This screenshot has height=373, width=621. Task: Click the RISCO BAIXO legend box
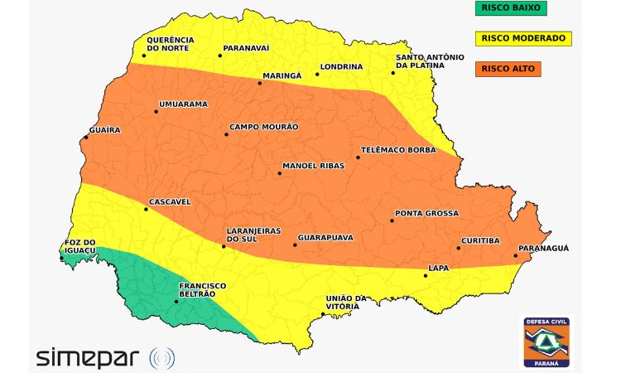click(x=507, y=8)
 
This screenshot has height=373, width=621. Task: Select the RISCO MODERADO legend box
click(x=522, y=38)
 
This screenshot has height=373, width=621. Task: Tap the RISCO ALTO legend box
click(x=507, y=69)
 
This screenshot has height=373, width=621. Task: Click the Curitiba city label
click(x=480, y=240)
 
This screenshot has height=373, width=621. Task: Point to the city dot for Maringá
click(x=260, y=83)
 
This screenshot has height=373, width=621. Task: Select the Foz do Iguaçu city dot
click(x=61, y=258)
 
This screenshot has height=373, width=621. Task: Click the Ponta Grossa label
click(x=426, y=213)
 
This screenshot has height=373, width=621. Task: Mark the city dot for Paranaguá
click(x=516, y=256)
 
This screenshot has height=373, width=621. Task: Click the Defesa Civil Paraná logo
click(x=545, y=341)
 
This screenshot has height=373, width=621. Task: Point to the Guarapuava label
click(x=325, y=238)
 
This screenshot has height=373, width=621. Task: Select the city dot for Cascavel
click(x=146, y=209)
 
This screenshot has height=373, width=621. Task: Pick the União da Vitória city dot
click(x=322, y=313)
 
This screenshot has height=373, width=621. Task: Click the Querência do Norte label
click(x=170, y=44)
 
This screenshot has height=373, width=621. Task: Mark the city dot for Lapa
click(x=426, y=275)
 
